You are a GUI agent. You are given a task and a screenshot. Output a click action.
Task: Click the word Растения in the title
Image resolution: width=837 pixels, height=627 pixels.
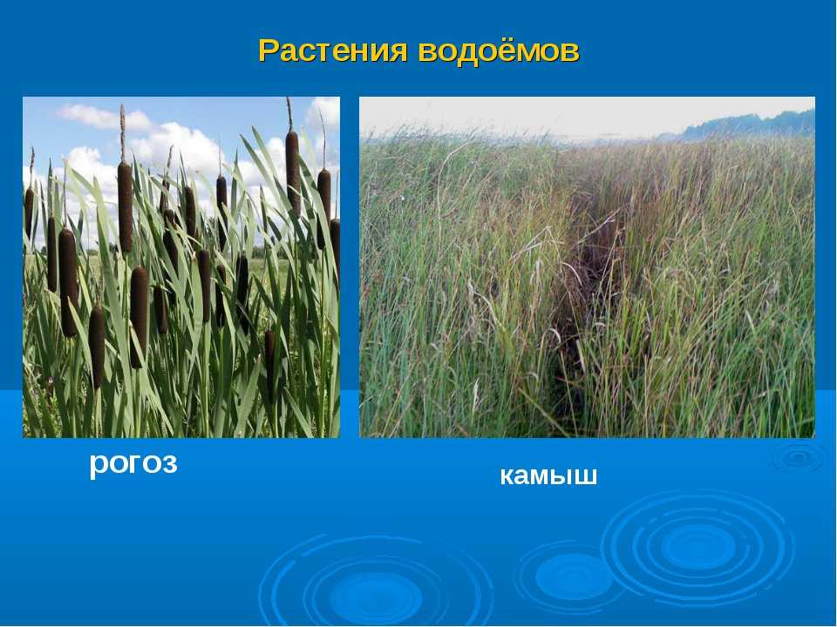click(x=333, y=51)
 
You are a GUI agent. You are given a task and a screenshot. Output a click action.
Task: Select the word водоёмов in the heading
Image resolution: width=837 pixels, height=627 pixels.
click(x=499, y=51)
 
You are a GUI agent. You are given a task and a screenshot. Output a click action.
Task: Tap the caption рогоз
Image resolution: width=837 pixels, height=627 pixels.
click(x=133, y=463)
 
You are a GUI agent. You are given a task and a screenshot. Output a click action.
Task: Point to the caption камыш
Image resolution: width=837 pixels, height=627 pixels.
click(x=548, y=475)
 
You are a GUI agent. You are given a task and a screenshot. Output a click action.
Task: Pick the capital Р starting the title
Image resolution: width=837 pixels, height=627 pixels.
click(x=269, y=51)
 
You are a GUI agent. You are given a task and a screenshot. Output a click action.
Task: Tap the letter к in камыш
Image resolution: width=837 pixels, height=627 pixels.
click(x=507, y=476)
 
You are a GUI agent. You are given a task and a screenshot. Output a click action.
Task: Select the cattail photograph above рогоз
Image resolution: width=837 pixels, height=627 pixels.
click(x=181, y=267)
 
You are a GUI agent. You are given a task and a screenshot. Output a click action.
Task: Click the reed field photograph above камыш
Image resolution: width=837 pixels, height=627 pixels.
click(x=587, y=267)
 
